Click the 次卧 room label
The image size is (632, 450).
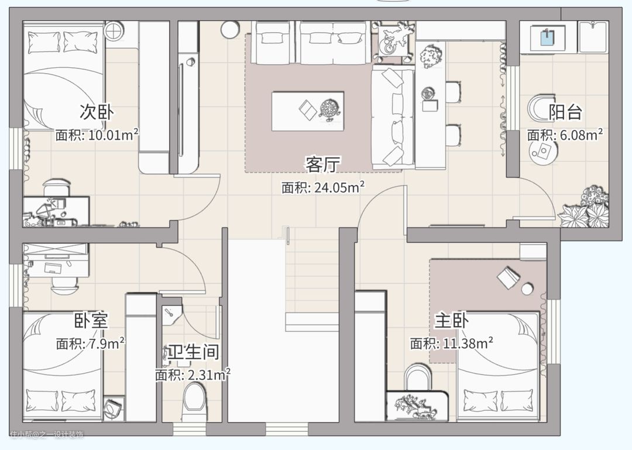tap(97, 112)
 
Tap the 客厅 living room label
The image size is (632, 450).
tap(323, 164)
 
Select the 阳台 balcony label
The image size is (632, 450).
tap(565, 112)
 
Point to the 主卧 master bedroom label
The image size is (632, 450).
tap(451, 321)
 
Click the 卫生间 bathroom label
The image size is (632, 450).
tap(194, 352)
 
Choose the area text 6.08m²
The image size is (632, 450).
tap(581, 135)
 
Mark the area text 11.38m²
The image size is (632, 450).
tap(468, 343)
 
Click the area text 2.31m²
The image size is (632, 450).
tap(209, 375)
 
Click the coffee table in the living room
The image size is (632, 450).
tap(308, 111)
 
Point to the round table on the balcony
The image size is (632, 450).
tap(543, 152)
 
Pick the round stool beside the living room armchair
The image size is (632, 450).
tap(230, 29)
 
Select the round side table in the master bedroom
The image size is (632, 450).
tap(527, 288)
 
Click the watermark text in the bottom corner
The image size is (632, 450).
tap(47, 435)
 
